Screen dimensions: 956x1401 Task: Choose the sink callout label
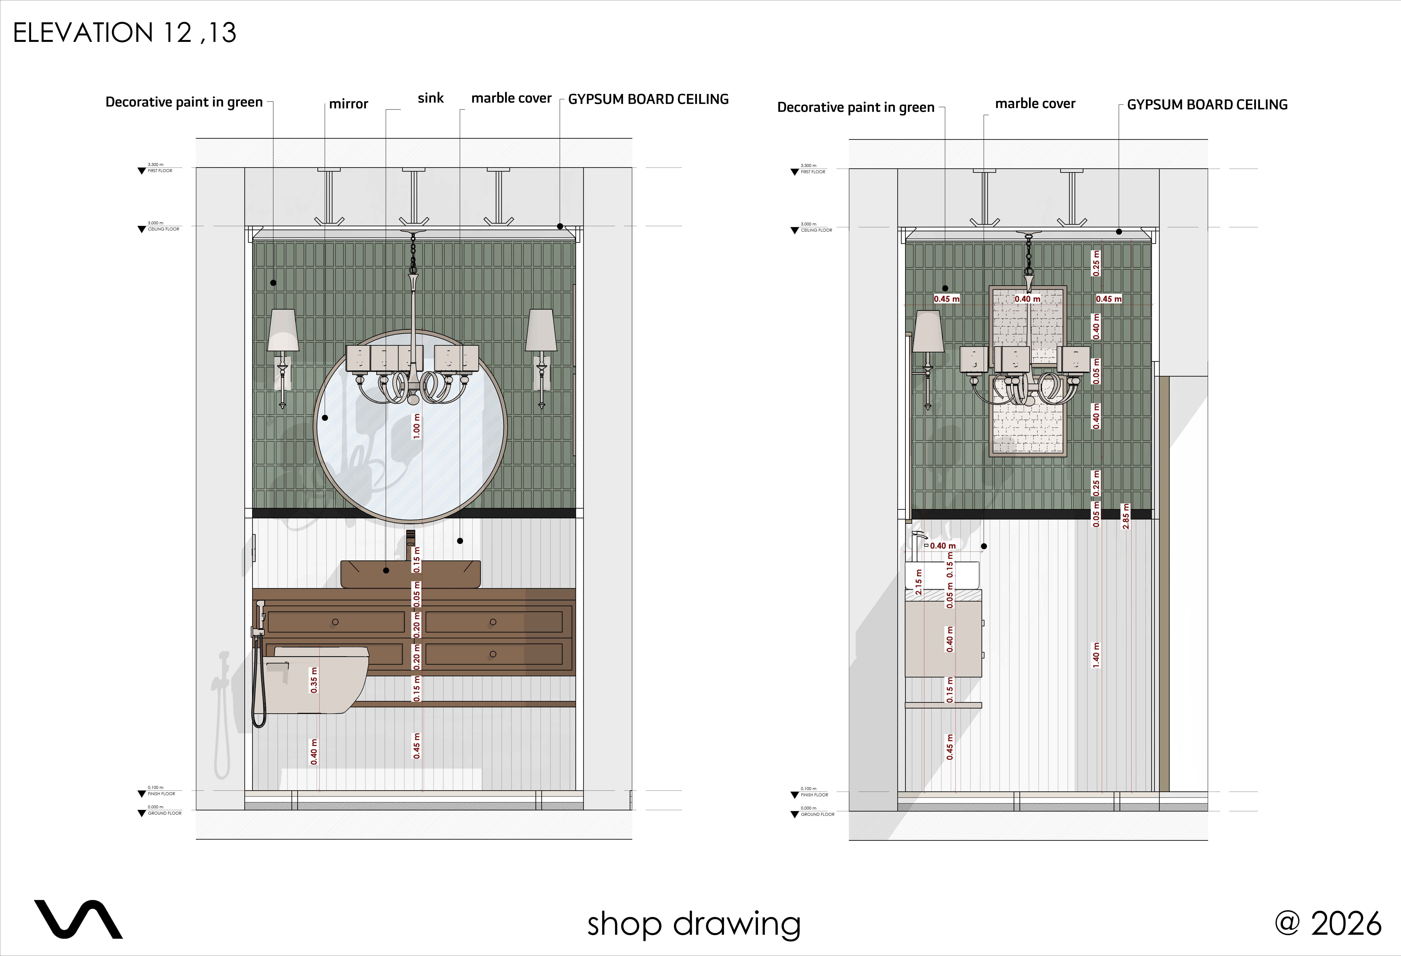430,98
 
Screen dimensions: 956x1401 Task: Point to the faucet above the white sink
919,542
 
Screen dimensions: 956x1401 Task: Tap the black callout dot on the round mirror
325,418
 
